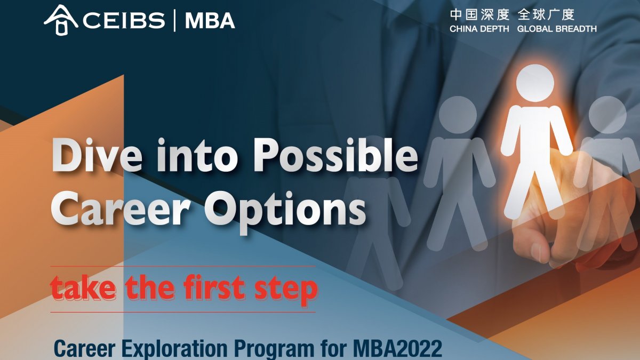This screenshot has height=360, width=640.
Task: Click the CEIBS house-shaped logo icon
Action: pyautogui.click(x=61, y=20)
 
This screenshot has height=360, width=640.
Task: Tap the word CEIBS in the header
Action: pyautogui.click(x=124, y=21)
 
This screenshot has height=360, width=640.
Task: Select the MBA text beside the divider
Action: pyautogui.click(x=210, y=21)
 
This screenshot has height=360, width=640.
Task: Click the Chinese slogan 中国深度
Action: pyautogui.click(x=479, y=15)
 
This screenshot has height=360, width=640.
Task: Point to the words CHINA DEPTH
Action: pyautogui.click(x=479, y=29)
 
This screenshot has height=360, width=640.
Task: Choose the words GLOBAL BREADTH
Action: pyautogui.click(x=557, y=29)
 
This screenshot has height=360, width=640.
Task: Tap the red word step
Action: pyautogui.click(x=286, y=290)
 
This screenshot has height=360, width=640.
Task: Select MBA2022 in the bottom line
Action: pyautogui.click(x=397, y=349)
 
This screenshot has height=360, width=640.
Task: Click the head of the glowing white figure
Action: pyautogui.click(x=535, y=83)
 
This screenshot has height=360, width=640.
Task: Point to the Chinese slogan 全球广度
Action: pyautogui.click(x=546, y=15)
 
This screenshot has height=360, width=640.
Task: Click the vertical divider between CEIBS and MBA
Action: pyautogui.click(x=175, y=21)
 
